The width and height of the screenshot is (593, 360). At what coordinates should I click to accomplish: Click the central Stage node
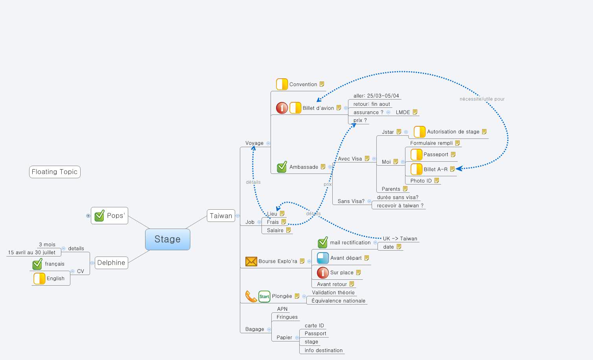point(168,239)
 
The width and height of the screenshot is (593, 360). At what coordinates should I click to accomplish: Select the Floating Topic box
point(55,172)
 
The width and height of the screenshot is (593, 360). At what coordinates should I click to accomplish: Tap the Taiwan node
point(221,216)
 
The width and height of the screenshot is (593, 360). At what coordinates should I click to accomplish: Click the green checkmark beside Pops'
point(99,216)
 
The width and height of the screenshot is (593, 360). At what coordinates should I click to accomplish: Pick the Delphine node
point(111,263)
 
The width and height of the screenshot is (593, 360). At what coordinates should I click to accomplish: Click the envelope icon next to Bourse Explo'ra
point(251,261)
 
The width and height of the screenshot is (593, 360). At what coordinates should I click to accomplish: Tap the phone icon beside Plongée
point(250,296)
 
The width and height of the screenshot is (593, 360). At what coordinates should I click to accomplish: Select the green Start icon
point(264,296)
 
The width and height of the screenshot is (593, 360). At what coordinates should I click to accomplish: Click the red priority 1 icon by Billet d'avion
point(282,108)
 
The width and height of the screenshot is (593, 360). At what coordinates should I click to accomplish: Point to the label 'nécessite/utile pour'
point(482,99)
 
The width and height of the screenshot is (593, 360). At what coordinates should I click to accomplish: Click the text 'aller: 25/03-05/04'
point(376,96)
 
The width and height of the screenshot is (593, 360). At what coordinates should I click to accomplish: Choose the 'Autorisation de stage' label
point(453,132)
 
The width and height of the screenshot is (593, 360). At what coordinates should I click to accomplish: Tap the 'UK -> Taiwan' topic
point(400,238)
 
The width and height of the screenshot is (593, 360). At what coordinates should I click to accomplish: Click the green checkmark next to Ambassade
point(282,167)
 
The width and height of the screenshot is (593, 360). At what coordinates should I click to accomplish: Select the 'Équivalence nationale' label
point(338,301)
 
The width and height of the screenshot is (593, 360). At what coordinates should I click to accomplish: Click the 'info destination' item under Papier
point(323,351)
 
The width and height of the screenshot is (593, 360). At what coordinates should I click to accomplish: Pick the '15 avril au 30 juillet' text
point(31,253)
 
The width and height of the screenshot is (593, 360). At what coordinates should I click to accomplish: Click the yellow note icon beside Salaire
point(288,230)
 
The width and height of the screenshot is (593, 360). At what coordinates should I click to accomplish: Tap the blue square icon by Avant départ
point(323,258)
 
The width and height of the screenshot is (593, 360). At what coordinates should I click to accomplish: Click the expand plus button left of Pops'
point(88,216)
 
